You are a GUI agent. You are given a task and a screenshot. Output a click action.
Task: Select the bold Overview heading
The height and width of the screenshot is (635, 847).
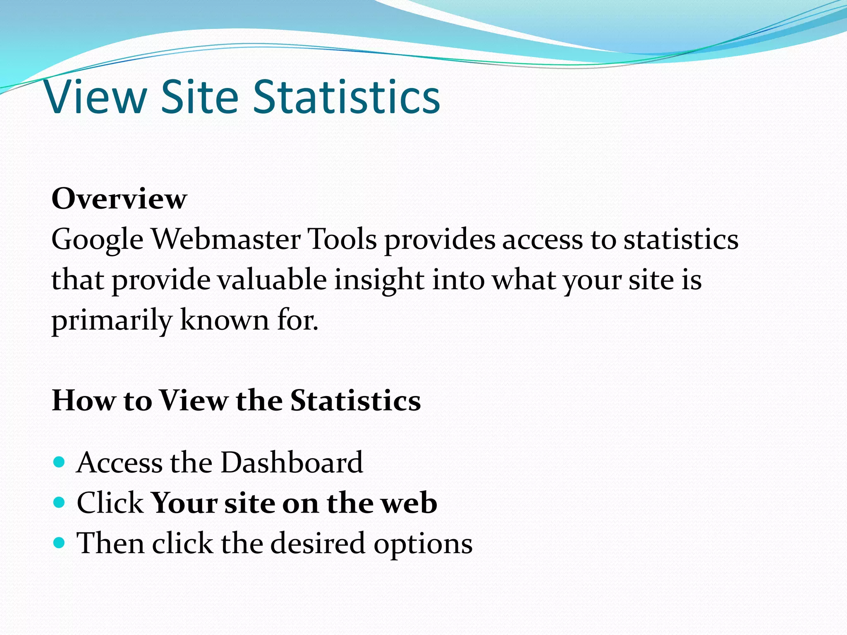119,199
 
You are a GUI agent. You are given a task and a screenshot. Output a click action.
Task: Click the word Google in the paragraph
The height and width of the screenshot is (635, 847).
97,240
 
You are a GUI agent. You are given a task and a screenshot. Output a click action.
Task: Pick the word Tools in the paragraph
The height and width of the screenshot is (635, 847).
343,239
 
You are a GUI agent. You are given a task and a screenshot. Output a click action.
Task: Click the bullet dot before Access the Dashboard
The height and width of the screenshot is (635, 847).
60,462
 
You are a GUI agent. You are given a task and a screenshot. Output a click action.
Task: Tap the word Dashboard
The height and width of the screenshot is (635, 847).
292,462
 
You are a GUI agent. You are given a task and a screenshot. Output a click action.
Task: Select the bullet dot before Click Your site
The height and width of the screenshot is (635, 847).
60,502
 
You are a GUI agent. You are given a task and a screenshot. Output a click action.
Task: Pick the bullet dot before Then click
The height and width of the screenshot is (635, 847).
60,542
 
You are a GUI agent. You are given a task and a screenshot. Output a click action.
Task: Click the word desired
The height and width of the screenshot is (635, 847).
318,543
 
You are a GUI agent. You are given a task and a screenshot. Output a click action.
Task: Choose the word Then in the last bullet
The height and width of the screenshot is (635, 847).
111,543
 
